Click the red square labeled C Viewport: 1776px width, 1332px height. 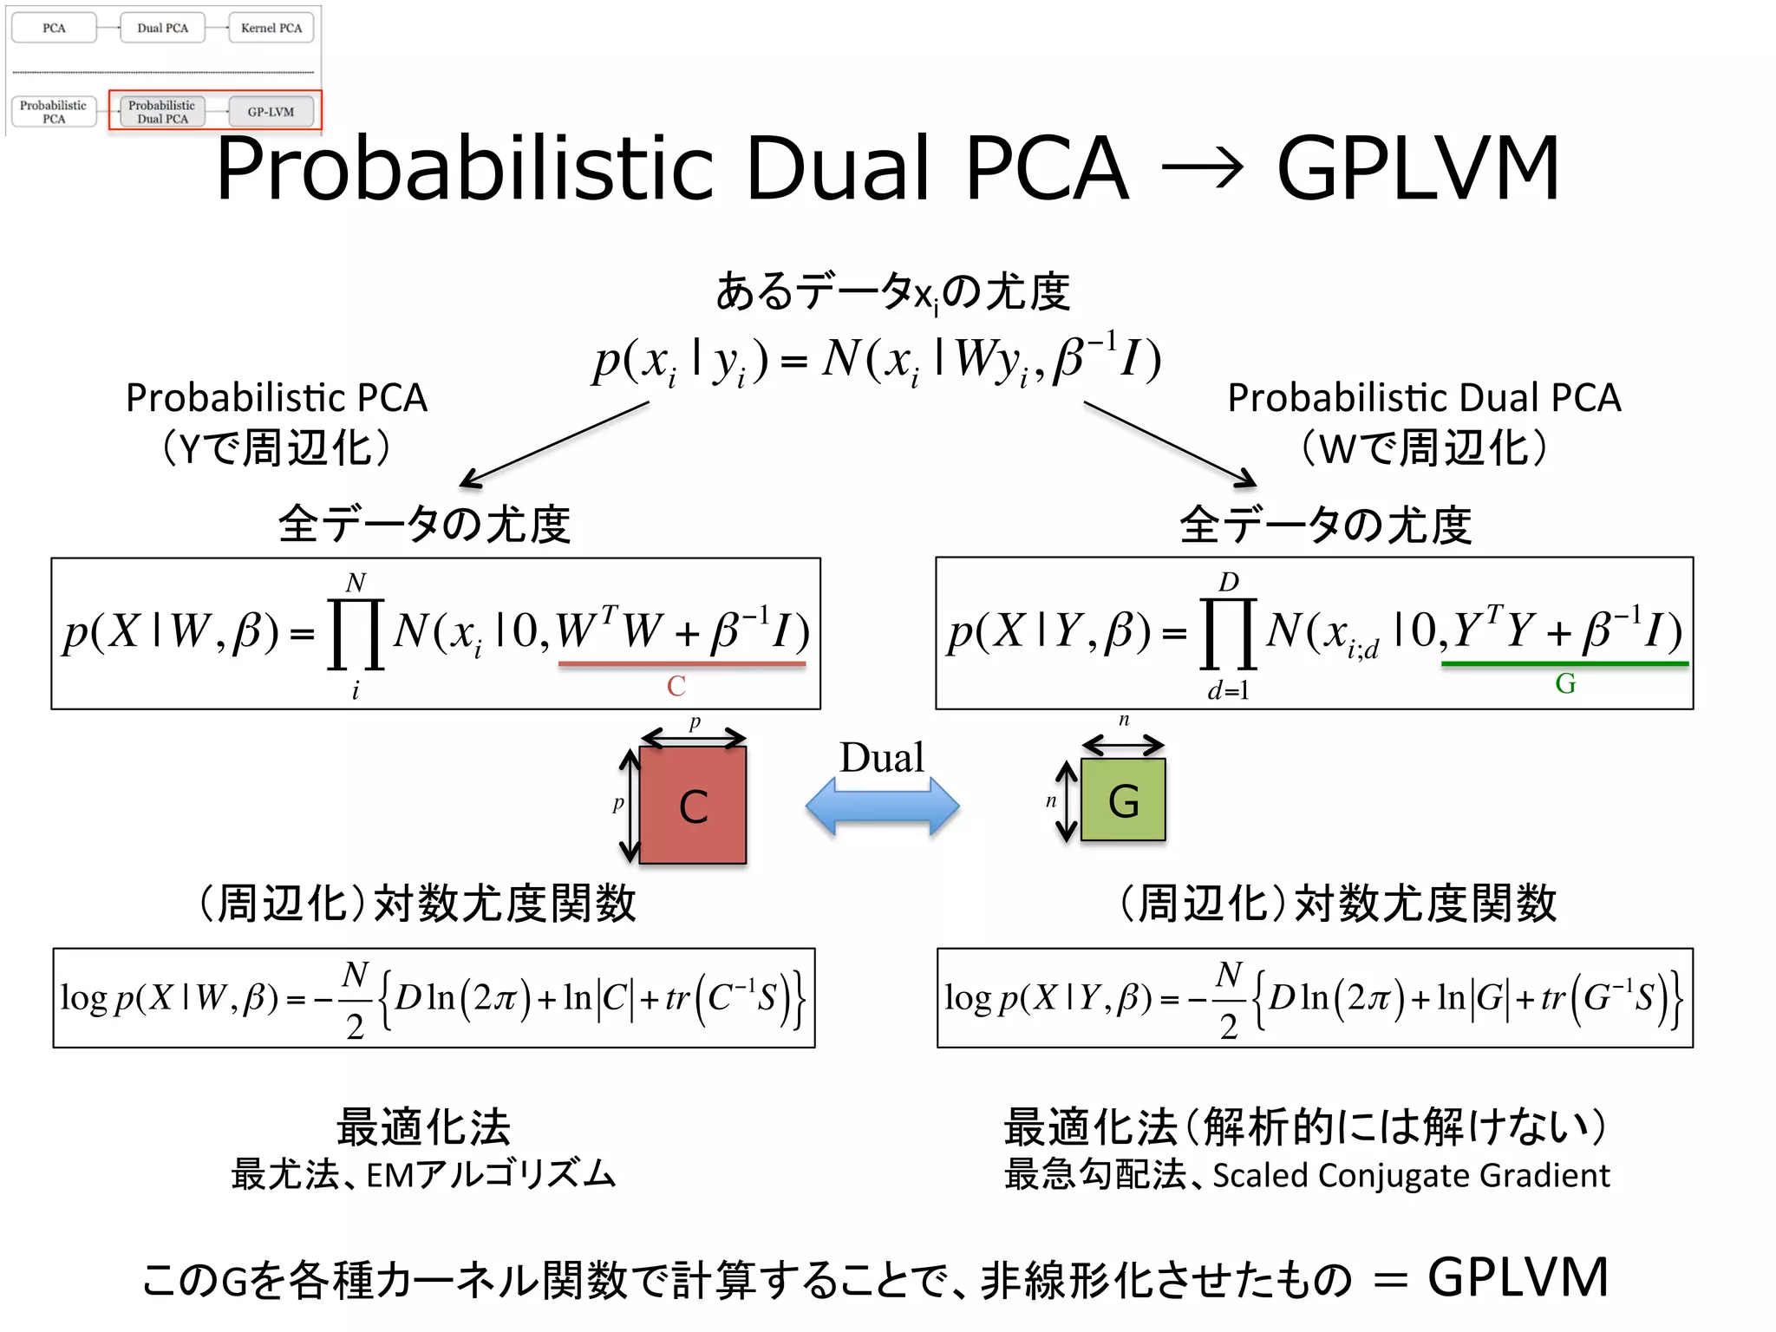click(x=692, y=805)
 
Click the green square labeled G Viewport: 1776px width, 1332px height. click(x=1123, y=800)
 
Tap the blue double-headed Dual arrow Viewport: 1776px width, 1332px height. click(x=882, y=806)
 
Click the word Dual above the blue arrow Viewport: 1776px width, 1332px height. click(x=882, y=758)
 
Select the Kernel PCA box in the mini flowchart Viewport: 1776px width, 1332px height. click(x=271, y=28)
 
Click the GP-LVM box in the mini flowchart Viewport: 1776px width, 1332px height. click(x=271, y=112)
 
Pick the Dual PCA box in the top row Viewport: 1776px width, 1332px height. click(x=163, y=28)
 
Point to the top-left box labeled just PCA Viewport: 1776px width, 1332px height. click(x=54, y=28)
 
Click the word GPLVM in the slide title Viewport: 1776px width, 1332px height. click(x=1418, y=168)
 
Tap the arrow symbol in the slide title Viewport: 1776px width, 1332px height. click(x=1203, y=168)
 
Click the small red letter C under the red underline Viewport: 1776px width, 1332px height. click(x=676, y=686)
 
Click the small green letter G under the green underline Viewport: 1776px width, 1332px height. click(x=1565, y=684)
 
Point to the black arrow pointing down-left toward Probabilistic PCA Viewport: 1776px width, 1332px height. click(x=555, y=443)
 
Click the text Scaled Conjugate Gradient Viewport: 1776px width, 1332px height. click(x=1411, y=1175)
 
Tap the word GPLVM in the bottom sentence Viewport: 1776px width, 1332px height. click(x=1518, y=1276)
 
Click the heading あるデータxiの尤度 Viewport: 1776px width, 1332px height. click(x=892, y=291)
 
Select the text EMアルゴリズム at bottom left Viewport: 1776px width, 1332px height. click(x=491, y=1175)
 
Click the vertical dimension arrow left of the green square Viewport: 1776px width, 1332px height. click(x=1066, y=801)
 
